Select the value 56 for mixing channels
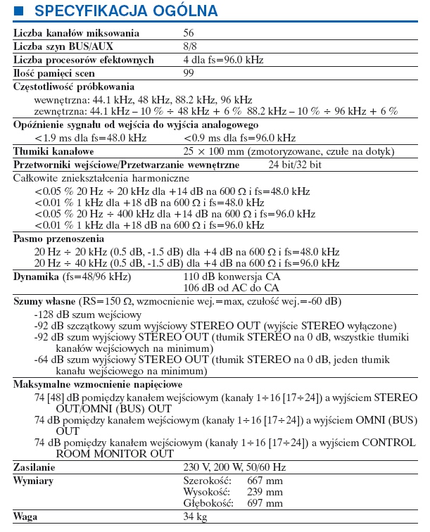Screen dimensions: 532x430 pyautogui.click(x=189, y=33)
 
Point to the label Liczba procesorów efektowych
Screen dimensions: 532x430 pyautogui.click(x=84, y=60)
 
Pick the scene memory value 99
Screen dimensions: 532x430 pyautogui.click(x=189, y=73)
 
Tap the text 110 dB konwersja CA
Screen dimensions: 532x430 pyautogui.click(x=232, y=277)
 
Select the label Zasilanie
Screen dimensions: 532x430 pyautogui.click(x=36, y=467)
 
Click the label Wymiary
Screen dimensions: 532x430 pyautogui.click(x=34, y=480)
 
